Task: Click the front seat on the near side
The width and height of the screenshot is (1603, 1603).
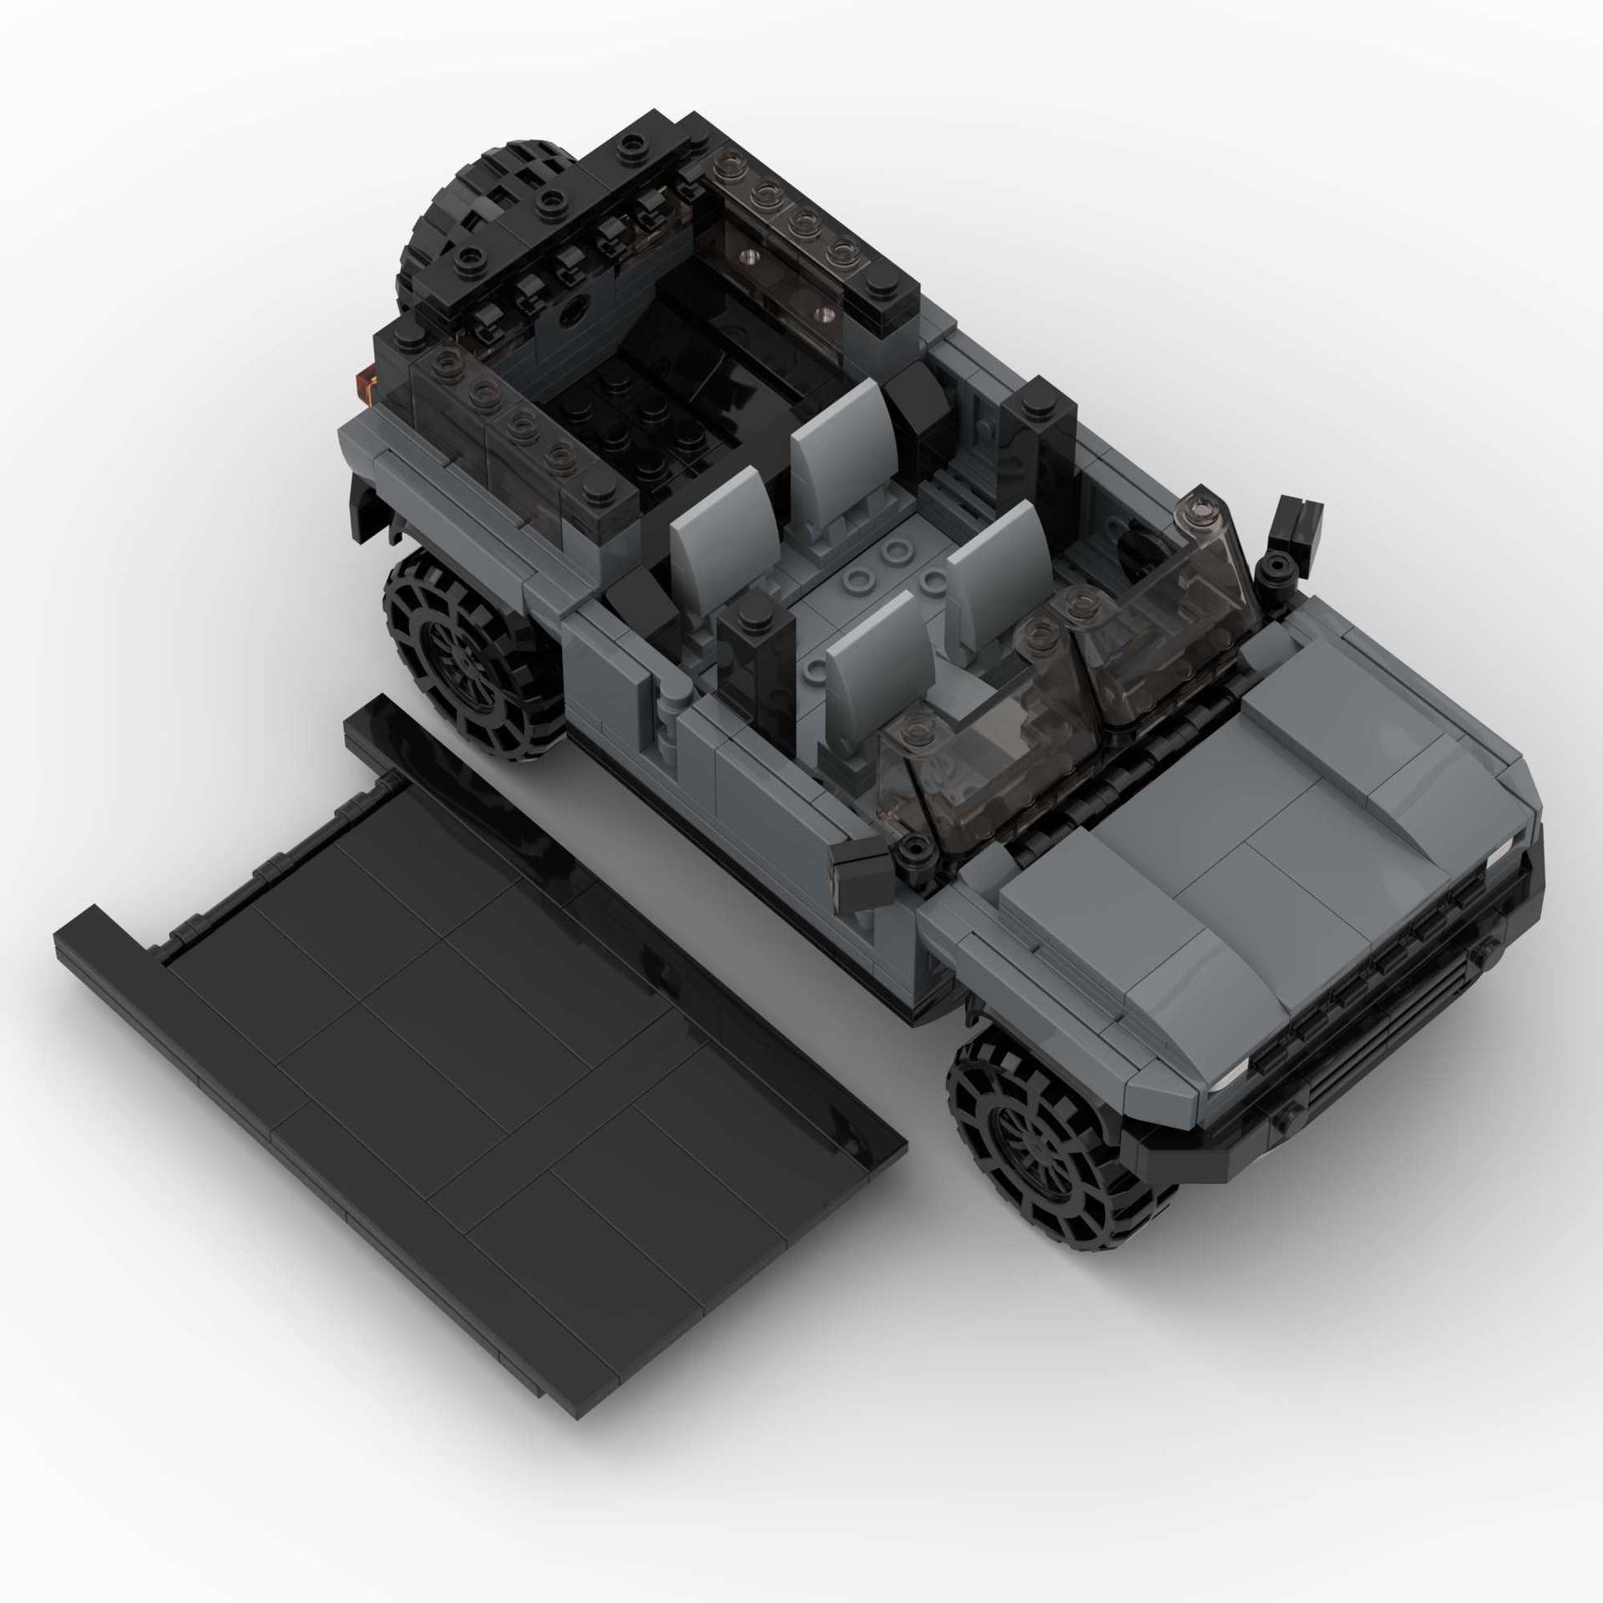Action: coord(868,651)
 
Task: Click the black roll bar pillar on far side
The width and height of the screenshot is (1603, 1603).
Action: coord(1039,442)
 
